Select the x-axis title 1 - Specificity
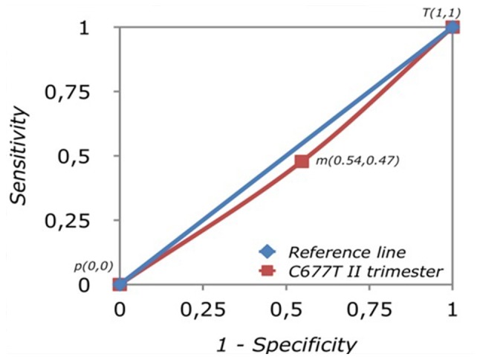tap(286, 344)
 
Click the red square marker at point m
tap(301, 161)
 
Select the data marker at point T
tap(452, 28)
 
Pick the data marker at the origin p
tap(120, 284)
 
